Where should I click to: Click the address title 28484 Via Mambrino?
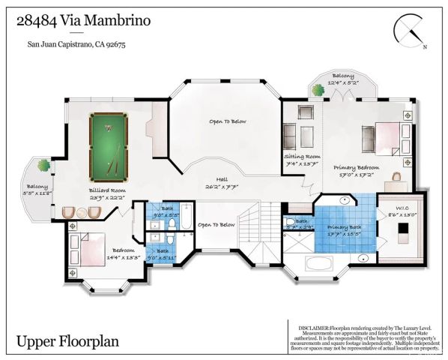[x=83, y=21]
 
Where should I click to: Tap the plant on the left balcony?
[x=45, y=164]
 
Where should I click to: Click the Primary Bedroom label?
[x=356, y=169]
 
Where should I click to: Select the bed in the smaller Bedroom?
[x=87, y=248]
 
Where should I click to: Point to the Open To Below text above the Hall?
[x=227, y=121]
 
